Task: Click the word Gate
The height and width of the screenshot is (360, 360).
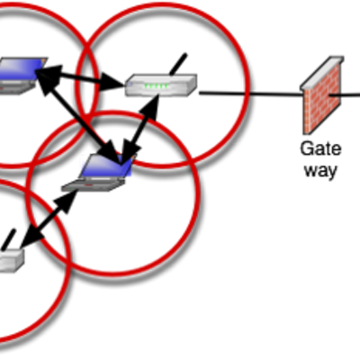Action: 320,148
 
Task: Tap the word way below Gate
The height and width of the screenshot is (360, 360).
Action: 320,171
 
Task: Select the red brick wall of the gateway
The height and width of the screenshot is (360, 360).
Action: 322,101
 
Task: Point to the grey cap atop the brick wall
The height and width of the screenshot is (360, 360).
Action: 322,72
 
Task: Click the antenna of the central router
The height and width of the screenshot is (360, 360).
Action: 178,64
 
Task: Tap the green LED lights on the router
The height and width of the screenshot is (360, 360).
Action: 156,86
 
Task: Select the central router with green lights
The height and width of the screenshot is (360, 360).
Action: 161,85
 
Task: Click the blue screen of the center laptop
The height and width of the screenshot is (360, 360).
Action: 108,166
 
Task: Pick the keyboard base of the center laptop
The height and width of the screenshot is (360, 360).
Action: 94,184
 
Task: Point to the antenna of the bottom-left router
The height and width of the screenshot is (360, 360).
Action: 8,239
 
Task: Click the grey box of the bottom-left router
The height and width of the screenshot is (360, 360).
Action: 11,260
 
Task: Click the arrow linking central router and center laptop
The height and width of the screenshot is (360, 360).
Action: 139,130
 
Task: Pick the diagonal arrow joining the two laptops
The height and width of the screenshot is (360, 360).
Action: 78,118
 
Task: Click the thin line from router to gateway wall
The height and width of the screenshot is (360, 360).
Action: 251,94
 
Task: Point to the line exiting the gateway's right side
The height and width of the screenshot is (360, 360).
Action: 345,95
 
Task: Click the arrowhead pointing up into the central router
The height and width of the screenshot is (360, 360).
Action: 151,107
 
